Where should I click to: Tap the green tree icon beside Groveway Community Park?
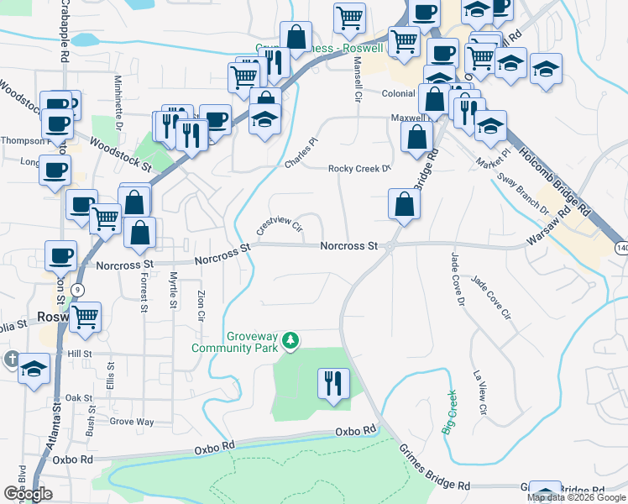(290, 340)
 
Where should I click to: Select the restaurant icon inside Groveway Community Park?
(333, 384)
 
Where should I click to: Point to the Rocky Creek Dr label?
(359, 168)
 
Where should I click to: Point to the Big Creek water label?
(450, 412)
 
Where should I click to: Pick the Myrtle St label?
(172, 290)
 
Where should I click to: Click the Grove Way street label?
(132, 421)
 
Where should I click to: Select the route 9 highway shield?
(78, 289)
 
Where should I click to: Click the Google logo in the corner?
(28, 494)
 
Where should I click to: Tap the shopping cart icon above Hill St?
(86, 317)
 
